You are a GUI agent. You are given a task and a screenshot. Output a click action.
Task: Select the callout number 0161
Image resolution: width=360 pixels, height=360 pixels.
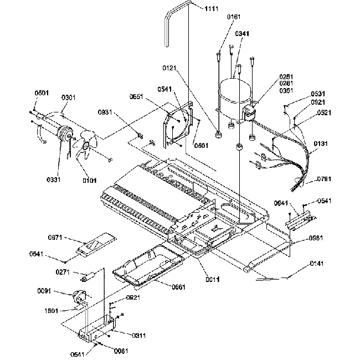(234, 17)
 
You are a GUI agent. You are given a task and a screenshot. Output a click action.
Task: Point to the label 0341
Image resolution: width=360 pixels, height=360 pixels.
(242, 33)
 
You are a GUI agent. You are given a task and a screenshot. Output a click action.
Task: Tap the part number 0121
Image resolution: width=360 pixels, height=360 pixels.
(170, 68)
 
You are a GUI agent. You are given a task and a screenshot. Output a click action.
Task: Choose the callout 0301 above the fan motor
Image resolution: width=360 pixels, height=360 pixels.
(69, 97)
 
